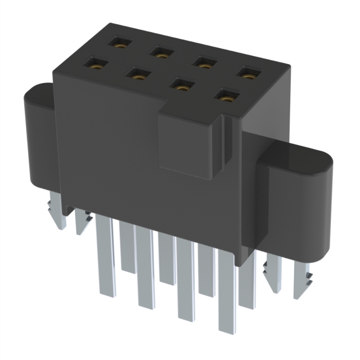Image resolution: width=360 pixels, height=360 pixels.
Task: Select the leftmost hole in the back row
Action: (119, 42)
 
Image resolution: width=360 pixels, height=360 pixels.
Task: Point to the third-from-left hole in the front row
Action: (180, 86)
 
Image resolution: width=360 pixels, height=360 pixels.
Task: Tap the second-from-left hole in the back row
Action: (161, 53)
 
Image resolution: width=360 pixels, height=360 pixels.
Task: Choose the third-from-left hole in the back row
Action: (204, 63)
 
